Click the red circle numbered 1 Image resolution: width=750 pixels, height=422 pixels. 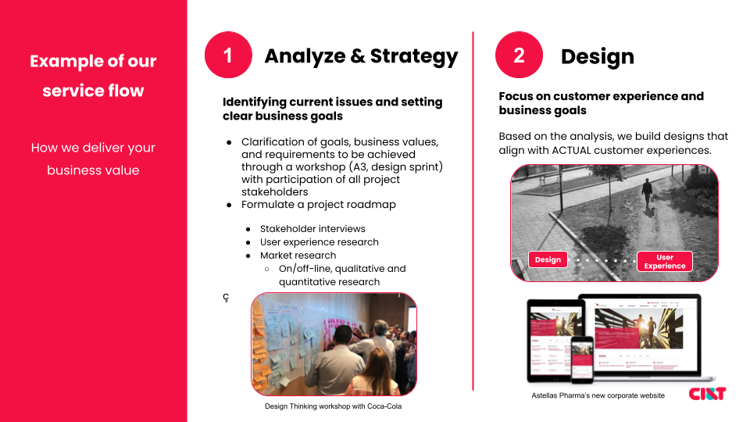[x=228, y=55]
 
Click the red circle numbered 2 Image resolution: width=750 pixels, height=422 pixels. [x=519, y=55]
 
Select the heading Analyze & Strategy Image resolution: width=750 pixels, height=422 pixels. [x=361, y=56]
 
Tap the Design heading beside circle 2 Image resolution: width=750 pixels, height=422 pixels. [x=597, y=56]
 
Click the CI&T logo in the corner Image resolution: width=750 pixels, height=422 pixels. [x=706, y=394]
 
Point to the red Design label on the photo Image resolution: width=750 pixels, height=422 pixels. [x=548, y=259]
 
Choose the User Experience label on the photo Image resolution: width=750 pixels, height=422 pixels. [x=664, y=261]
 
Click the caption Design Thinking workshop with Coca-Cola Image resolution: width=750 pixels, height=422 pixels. [x=333, y=406]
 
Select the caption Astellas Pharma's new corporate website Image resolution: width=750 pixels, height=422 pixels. [x=598, y=395]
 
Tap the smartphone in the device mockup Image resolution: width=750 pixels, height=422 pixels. [x=581, y=359]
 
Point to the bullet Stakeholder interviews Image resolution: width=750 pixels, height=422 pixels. [x=312, y=229]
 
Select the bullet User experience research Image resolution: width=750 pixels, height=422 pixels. [x=319, y=242]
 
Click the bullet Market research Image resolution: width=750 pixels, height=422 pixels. [x=298, y=256]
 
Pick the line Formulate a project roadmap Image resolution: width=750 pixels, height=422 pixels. [x=319, y=205]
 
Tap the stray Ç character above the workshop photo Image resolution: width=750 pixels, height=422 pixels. [x=226, y=297]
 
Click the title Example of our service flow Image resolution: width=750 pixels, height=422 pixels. [x=93, y=76]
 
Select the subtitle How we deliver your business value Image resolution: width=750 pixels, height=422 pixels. [x=93, y=159]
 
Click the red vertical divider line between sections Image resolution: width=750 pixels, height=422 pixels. [x=473, y=211]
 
